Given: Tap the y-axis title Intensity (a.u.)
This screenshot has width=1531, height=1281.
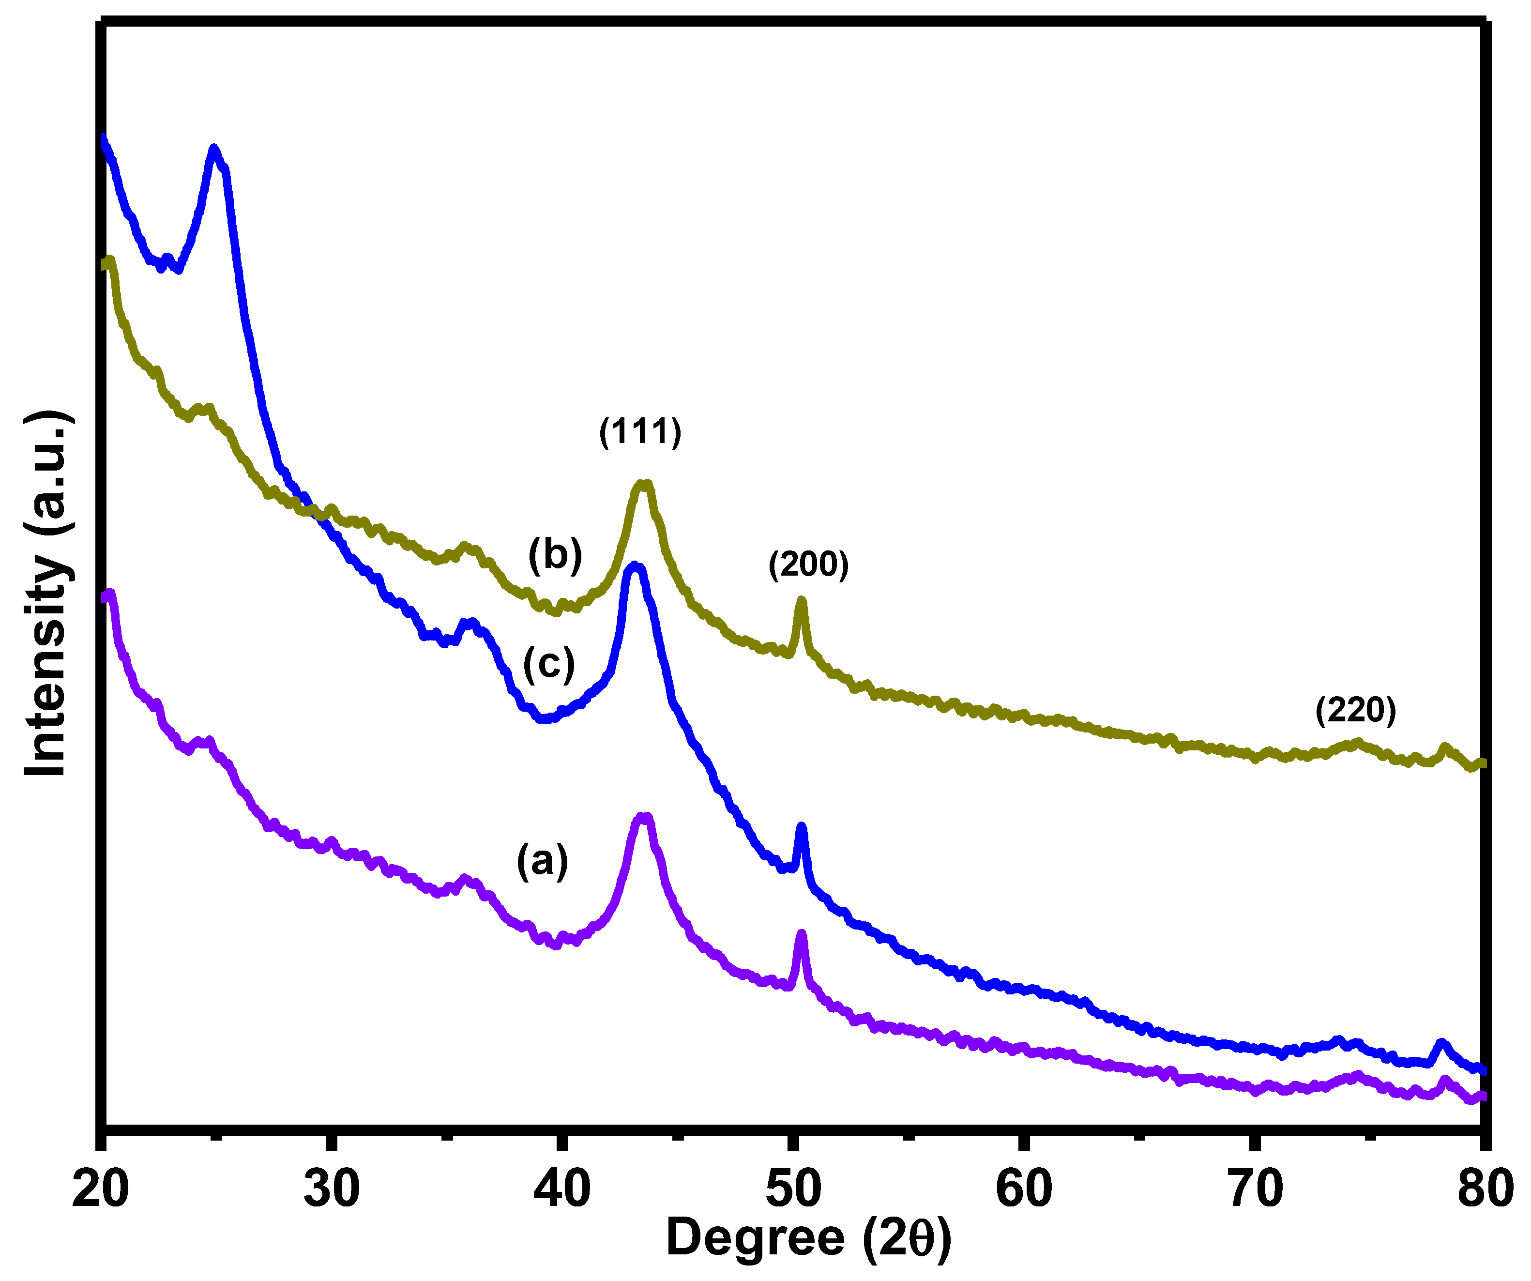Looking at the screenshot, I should click(x=48, y=594).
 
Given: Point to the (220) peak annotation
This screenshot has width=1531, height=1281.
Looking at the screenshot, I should click(x=1355, y=709).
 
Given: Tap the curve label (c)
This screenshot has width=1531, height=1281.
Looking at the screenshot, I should click(x=549, y=664).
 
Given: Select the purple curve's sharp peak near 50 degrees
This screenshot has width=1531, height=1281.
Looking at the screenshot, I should click(x=801, y=935).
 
